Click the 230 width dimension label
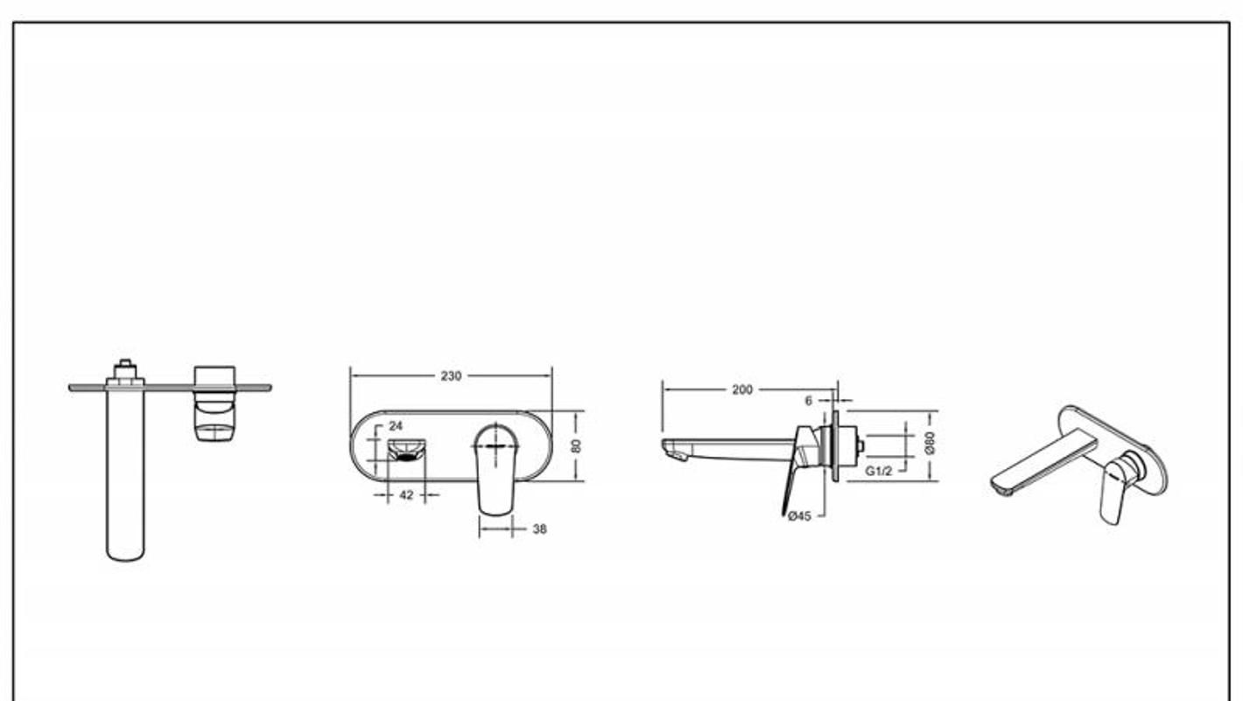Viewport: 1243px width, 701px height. coord(451,376)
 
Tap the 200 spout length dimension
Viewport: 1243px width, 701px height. coord(742,389)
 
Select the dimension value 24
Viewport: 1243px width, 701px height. coord(396,426)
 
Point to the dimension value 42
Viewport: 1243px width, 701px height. coord(406,494)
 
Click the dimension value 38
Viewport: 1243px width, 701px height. coord(539,529)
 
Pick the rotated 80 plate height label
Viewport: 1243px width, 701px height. coord(576,445)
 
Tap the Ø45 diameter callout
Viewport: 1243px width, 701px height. coord(799,516)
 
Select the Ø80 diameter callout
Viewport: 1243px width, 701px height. coord(930,443)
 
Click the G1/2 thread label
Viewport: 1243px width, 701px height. coord(879,472)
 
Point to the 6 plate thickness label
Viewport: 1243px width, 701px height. coord(809,401)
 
